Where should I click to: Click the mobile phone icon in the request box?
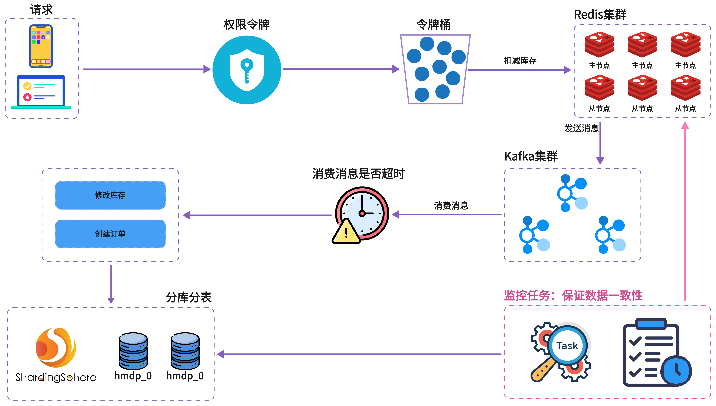click(x=41, y=46)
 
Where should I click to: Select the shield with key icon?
click(x=247, y=70)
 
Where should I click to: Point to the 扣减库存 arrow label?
click(x=520, y=60)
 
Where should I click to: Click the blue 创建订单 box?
click(x=110, y=234)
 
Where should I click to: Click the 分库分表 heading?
click(x=189, y=297)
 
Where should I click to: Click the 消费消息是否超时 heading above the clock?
click(x=358, y=174)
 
